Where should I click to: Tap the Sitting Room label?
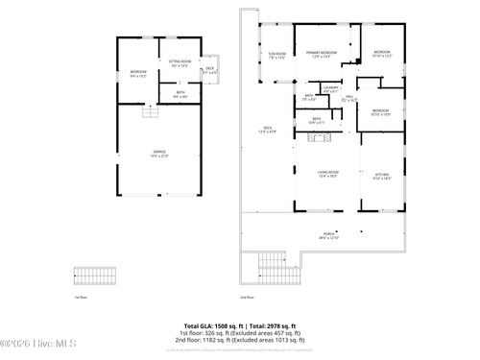180,62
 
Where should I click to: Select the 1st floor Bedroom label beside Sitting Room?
137,73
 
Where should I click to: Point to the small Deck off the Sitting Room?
210,69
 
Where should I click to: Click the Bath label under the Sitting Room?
180,93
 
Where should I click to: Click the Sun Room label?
277,55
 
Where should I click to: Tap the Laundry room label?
331,89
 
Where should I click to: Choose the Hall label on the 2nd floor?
349,98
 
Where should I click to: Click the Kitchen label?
381,175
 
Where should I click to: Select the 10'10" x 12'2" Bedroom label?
382,54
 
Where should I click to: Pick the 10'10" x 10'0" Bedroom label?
380,112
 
